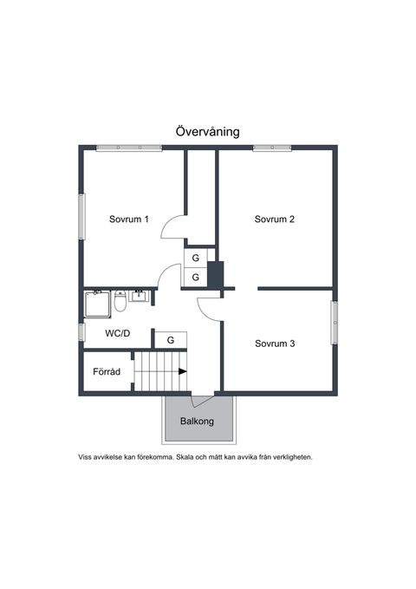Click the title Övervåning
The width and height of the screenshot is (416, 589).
click(x=208, y=132)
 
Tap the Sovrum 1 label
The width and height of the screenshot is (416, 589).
click(x=129, y=219)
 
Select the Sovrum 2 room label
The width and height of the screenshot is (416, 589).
click(x=275, y=219)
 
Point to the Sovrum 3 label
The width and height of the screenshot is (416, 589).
click(x=275, y=344)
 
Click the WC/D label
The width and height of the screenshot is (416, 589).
click(x=118, y=333)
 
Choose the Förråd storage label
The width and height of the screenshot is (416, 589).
click(x=107, y=371)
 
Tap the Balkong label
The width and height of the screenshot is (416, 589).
click(x=197, y=421)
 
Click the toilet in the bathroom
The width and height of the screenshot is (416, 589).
click(x=120, y=301)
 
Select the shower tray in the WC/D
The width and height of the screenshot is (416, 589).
click(x=97, y=304)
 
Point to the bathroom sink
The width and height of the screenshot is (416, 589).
click(x=140, y=296)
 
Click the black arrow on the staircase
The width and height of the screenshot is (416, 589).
click(x=183, y=371)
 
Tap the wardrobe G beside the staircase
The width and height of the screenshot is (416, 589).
click(x=171, y=340)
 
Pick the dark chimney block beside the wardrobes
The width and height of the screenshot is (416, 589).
click(x=216, y=275)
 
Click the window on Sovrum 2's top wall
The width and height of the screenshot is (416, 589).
click(x=272, y=148)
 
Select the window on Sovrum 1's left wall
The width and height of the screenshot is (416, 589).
click(x=81, y=216)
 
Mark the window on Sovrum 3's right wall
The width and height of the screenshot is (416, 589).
click(x=335, y=323)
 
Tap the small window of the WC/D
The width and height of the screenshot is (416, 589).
click(x=81, y=332)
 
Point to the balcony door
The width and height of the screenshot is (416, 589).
click(x=203, y=401)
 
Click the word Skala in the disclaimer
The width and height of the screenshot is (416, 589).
click(x=185, y=457)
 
